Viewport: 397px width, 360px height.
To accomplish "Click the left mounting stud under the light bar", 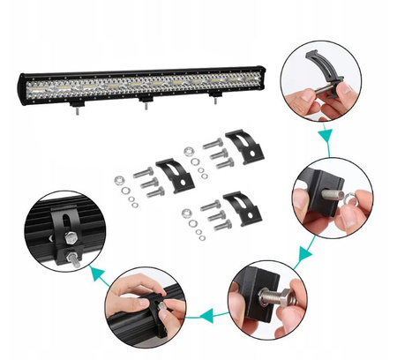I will click(x=78, y=114).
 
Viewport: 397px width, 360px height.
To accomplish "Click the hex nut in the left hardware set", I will click(x=120, y=181).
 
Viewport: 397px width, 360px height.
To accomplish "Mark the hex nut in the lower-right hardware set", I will click(x=187, y=214).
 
